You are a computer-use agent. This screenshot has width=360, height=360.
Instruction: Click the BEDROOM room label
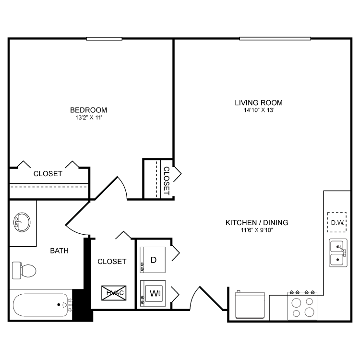click(89, 110)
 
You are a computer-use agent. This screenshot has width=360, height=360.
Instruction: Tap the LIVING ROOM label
click(259, 103)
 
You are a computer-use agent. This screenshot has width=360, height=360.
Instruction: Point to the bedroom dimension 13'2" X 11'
click(89, 118)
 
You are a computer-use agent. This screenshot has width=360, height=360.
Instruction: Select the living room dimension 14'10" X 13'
click(259, 110)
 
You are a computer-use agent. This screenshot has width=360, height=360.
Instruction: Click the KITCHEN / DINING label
click(257, 222)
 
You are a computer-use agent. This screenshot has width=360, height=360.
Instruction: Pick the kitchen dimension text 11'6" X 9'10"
click(257, 230)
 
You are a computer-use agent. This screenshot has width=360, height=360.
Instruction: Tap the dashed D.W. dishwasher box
click(337, 222)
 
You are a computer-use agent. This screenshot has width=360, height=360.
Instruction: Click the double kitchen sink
click(338, 253)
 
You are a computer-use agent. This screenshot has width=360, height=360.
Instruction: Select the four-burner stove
click(302, 306)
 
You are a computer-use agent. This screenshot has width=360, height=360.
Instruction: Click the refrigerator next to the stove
click(250, 305)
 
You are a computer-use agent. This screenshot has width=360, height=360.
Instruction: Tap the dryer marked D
click(153, 260)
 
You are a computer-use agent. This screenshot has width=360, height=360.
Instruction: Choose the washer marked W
click(153, 293)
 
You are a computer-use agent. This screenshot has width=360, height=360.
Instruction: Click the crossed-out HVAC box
click(114, 293)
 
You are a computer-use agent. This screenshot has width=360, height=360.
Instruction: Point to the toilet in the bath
click(24, 270)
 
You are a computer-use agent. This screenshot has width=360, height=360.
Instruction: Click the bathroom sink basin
click(22, 222)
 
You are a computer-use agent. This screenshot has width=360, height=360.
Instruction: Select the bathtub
click(42, 305)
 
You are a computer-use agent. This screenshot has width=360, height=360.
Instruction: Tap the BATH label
click(59, 251)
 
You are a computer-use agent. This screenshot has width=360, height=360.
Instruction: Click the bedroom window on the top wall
click(104, 39)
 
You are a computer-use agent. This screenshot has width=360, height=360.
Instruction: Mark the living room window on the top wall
click(275, 38)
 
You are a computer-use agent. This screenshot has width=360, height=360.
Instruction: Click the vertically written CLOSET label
click(167, 181)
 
